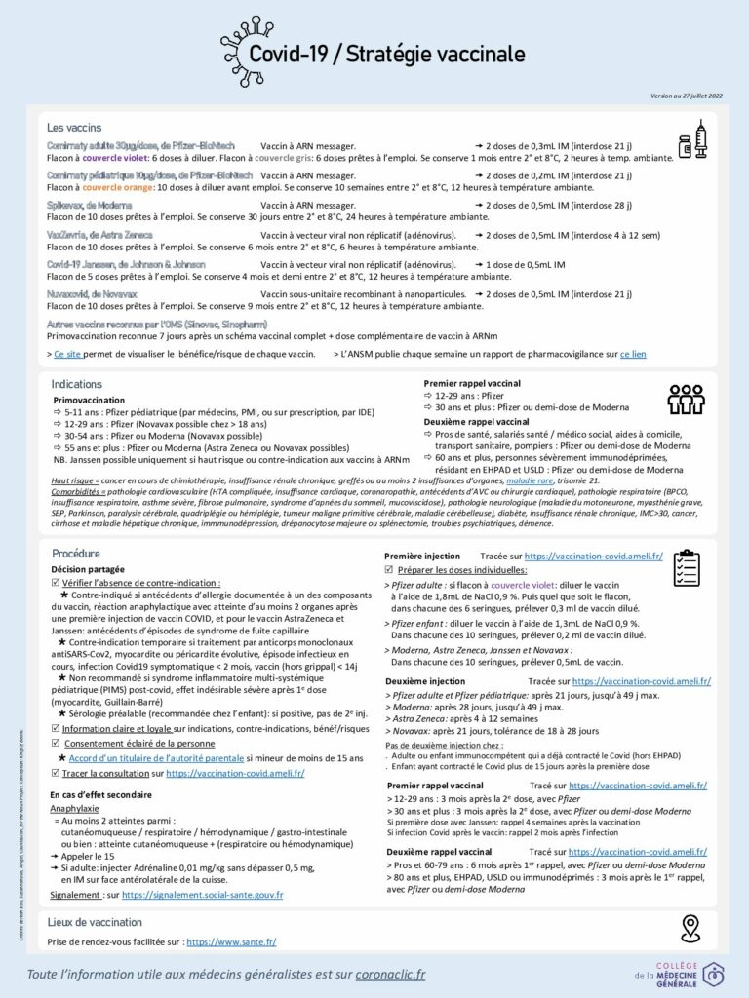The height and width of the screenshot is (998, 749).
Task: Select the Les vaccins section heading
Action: pyautogui.click(x=74, y=128)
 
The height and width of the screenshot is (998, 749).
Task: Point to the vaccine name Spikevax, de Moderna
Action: pyautogui.click(x=94, y=205)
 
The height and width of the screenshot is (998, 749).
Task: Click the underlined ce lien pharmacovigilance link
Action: pyautogui.click(x=633, y=355)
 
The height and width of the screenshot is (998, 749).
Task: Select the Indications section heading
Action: pyautogui.click(x=76, y=385)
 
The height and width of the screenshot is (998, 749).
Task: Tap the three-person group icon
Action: pyautogui.click(x=687, y=399)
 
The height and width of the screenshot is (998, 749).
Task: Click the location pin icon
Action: pyautogui.click(x=690, y=928)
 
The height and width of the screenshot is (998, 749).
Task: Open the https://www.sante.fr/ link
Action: pyautogui.click(x=231, y=942)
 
